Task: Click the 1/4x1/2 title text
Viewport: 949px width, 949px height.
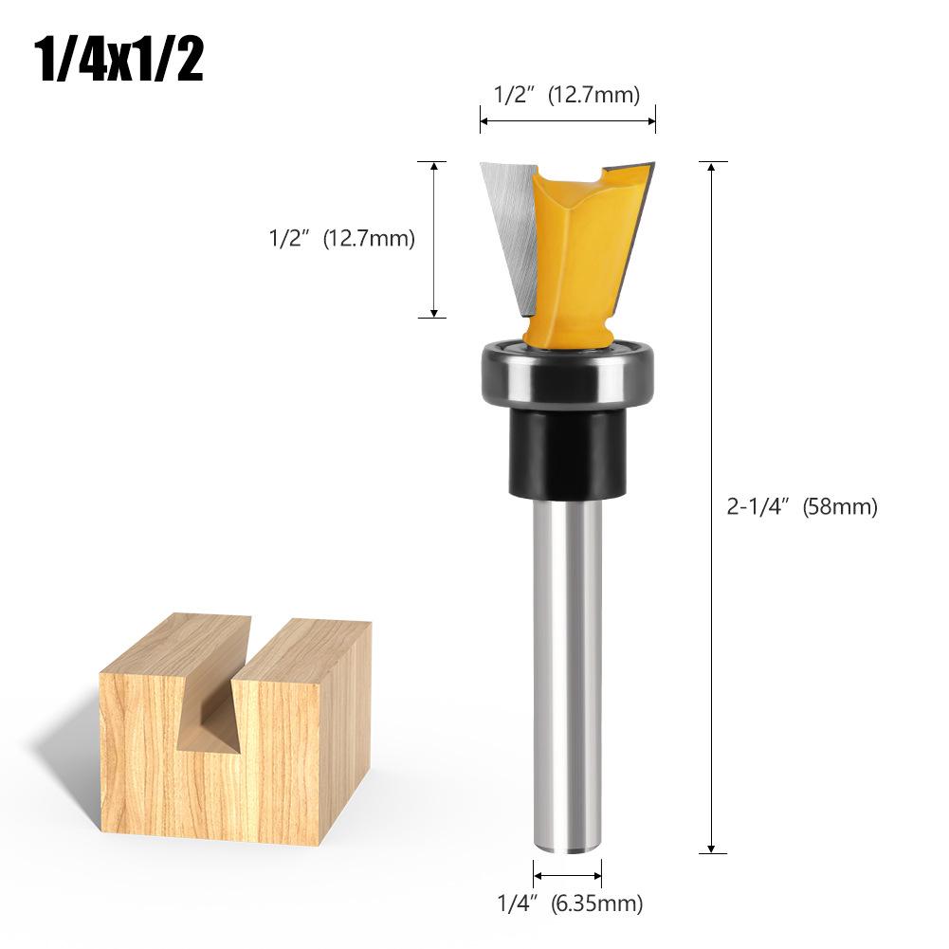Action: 119,61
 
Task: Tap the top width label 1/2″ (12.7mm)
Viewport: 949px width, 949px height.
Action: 567,94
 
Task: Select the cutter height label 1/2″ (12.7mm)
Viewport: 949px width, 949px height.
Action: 342,239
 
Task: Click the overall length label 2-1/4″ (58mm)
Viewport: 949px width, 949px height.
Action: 802,507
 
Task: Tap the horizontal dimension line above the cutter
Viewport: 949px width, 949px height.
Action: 567,120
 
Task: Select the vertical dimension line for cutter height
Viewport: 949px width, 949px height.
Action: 433,239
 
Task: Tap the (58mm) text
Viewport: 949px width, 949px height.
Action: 840,507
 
